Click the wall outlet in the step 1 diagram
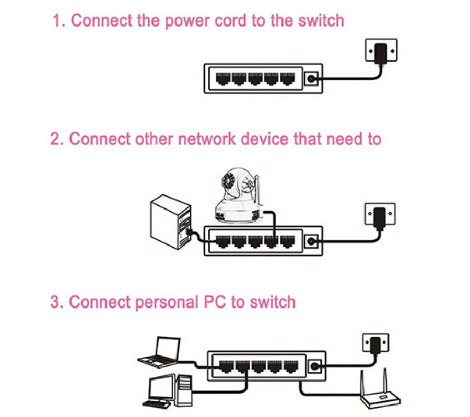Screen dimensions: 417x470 tap(381, 52)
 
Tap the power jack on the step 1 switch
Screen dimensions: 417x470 tap(311, 79)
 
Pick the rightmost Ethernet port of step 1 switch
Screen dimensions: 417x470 tap(288, 79)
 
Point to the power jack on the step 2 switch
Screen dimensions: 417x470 tap(311, 241)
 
